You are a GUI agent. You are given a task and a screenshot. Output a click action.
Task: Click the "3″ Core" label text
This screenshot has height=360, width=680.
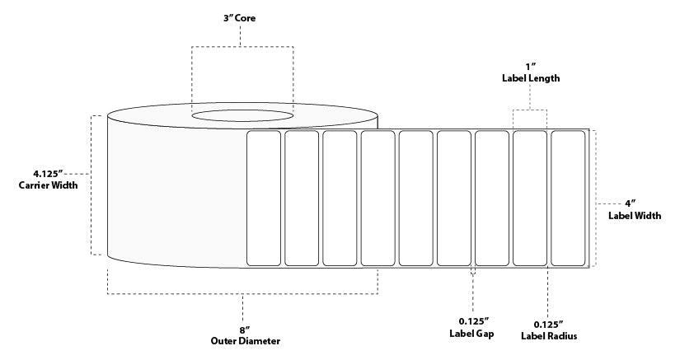coord(239,18)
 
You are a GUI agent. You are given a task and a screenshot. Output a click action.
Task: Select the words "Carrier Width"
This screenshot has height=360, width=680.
coord(48,185)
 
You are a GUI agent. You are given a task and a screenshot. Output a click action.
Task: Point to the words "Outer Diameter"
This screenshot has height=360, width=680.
coord(246,341)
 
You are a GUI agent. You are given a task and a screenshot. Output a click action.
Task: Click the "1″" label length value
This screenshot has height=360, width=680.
coord(530,67)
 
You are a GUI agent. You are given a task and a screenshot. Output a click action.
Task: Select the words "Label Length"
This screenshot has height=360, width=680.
coord(531,78)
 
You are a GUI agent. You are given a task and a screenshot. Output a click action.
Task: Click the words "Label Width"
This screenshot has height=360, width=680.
coord(635,216)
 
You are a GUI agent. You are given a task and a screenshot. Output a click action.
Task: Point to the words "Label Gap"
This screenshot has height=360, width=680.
coord(471,334)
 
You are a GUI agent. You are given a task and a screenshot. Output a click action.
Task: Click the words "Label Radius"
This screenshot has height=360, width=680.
coord(549,336)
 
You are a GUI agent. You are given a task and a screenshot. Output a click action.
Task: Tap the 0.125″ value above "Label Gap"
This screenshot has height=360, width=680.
coord(474,321)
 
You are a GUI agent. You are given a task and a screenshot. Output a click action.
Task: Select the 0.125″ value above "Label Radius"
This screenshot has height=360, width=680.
coord(549,325)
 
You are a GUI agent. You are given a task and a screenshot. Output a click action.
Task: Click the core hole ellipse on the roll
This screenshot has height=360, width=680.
coord(242,115)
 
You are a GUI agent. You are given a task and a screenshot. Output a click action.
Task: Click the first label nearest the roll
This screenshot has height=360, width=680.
coord(264,198)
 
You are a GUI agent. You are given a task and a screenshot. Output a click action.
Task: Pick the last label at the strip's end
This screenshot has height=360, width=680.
coord(568,198)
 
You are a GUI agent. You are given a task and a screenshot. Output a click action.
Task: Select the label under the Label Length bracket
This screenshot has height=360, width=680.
coord(530,198)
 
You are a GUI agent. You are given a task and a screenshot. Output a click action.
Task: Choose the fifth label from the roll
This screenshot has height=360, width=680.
coord(416,198)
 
